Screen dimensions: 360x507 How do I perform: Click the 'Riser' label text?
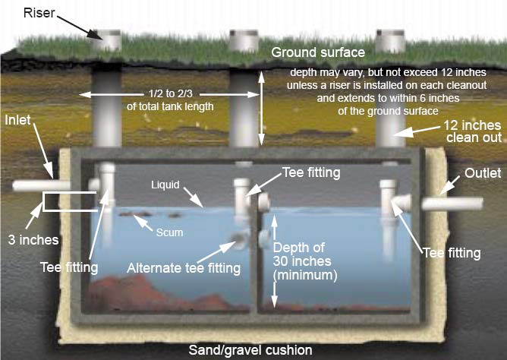pyautogui.click(x=40, y=13)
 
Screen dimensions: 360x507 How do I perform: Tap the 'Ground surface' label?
pyautogui.click(x=318, y=52)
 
